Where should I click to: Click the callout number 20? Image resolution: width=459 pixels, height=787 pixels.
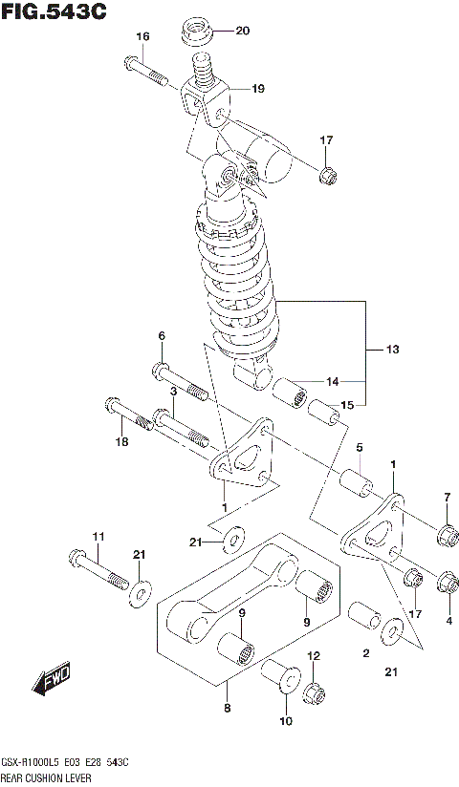coord(241,31)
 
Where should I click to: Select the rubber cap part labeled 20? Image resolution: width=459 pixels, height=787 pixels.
coord(198,32)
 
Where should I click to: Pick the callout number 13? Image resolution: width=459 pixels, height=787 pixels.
coord(392,350)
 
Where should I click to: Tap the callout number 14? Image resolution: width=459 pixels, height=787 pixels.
coord(332,382)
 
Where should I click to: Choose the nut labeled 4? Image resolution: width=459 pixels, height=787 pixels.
coord(446,582)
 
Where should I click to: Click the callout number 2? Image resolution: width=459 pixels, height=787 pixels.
coord(365,652)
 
